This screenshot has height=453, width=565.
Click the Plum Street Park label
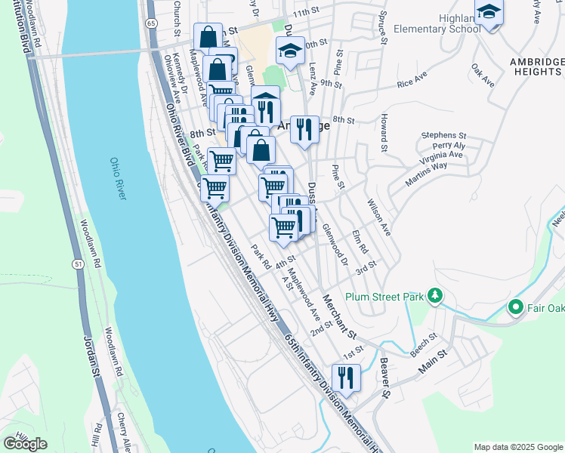pyautogui.click(x=383, y=297)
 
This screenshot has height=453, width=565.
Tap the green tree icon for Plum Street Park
pyautogui.click(x=434, y=295)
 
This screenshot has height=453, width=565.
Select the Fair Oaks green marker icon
pyautogui.click(x=516, y=307)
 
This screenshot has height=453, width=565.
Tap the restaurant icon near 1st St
pyautogui.click(x=346, y=377)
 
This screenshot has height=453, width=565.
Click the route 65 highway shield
pyautogui.click(x=152, y=23)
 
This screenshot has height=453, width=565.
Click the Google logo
pyautogui.click(x=25, y=443)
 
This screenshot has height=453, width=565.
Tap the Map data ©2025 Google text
pyautogui.click(x=517, y=447)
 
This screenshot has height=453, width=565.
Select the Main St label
pyautogui.click(x=433, y=359)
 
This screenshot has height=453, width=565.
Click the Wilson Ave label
pyautogui.click(x=379, y=216)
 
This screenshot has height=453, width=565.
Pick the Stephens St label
pyautogui.click(x=443, y=134)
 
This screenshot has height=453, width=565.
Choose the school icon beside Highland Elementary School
pyautogui.click(x=489, y=13)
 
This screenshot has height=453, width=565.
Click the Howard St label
pyautogui.click(x=384, y=131)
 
